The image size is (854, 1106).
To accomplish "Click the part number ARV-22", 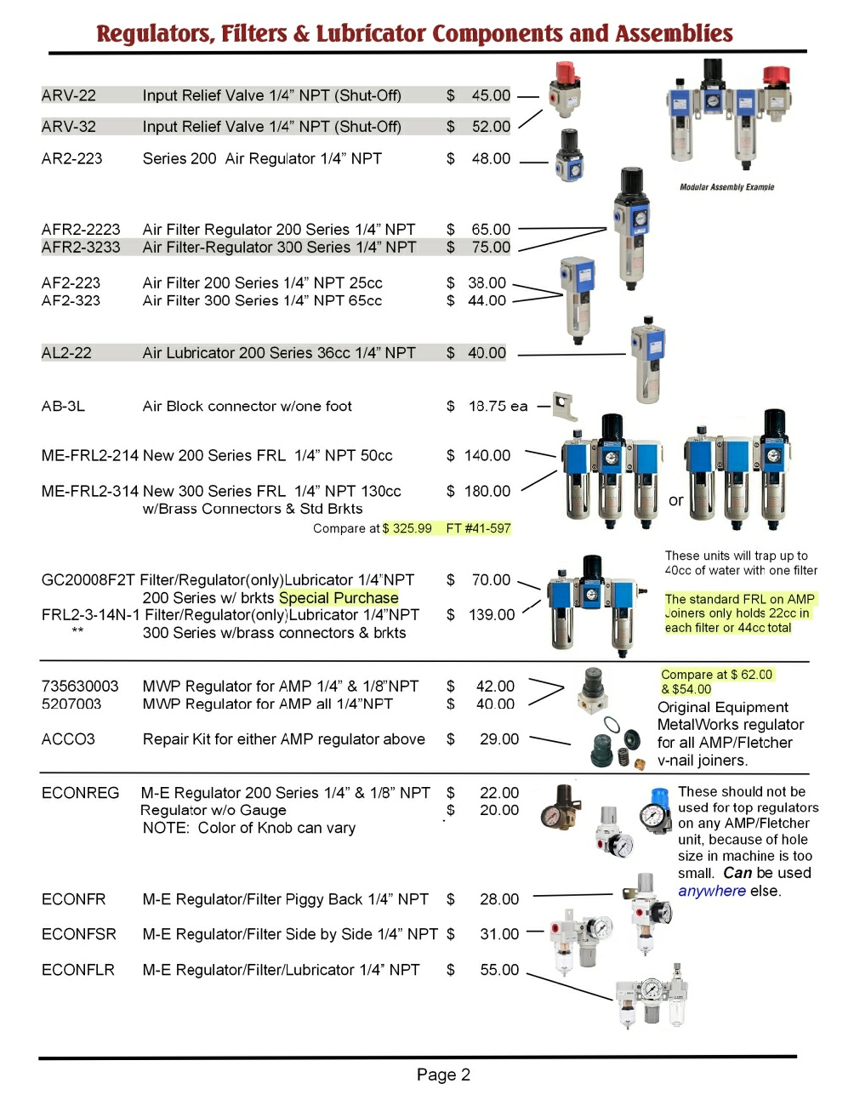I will [x=69, y=95].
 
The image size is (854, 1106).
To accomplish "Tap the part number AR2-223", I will [x=72, y=158].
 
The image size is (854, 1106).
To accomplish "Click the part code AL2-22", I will [x=66, y=353].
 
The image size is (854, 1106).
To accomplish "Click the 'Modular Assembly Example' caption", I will [x=726, y=187].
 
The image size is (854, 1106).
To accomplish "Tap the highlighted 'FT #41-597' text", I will [x=478, y=528].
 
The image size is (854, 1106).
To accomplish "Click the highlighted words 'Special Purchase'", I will [x=339, y=598].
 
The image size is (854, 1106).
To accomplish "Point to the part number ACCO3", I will [x=68, y=739].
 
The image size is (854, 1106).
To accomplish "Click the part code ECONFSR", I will [x=79, y=934].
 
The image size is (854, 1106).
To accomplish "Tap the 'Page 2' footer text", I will [x=443, y=1075].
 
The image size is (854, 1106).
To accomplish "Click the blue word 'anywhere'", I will [x=712, y=891].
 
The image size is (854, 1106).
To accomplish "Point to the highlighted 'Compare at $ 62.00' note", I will [x=717, y=675].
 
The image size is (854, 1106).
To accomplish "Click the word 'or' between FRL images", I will [x=676, y=500].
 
